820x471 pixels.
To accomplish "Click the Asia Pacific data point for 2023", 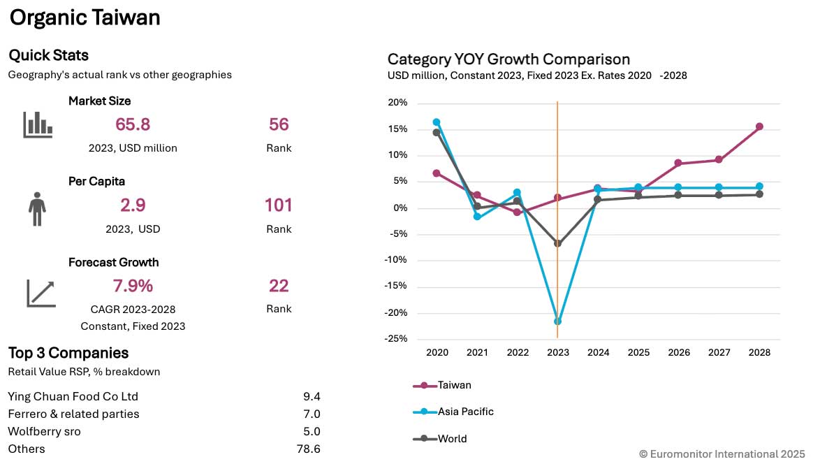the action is pos(557,321).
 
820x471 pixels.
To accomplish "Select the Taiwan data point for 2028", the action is pos(759,126).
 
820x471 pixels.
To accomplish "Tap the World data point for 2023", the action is pos(557,243).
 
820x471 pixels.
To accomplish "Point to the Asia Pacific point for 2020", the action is pos(437,122).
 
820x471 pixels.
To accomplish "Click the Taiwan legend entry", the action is pos(442,385).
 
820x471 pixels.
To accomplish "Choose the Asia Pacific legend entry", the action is pos(453,412).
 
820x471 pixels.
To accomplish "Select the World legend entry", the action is pos(440,439).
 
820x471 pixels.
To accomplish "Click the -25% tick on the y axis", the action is pos(396,339).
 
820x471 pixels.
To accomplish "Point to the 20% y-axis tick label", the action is pos(397,103).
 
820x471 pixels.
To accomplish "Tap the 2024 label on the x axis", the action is pos(599,352).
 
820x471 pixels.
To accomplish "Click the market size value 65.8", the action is pos(133,124).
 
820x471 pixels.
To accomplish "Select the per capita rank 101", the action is pos(278,205).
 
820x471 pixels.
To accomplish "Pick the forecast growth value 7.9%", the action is pos(133,286).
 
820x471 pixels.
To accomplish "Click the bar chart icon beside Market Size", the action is pos(38,124).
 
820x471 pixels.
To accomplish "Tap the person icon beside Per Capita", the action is pos(37,209).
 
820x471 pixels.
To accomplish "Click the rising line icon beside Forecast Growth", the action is pos(41,294).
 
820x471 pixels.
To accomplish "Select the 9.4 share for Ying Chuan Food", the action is pos(312,397).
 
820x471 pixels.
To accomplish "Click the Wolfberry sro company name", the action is pos(45,432).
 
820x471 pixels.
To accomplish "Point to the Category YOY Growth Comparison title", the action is pos(509,59).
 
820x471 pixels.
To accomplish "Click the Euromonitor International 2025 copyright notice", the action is pos(722,454).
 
